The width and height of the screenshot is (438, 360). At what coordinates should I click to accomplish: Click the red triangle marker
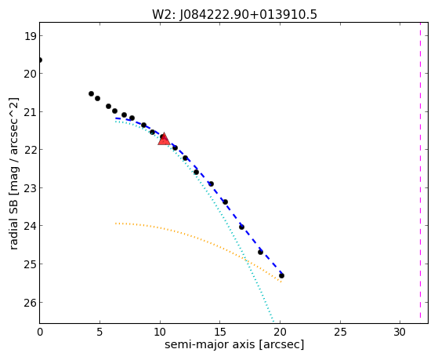(164, 139)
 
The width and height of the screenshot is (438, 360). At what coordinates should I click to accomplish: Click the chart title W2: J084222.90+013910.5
(234, 14)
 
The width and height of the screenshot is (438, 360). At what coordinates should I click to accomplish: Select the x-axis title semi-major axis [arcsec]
(234, 344)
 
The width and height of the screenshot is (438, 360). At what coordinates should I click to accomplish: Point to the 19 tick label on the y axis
(30, 36)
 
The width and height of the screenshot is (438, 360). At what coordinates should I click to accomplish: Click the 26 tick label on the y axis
(30, 303)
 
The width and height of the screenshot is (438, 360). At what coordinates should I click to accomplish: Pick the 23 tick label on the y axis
(30, 187)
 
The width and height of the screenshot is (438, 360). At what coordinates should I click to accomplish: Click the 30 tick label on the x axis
(400, 332)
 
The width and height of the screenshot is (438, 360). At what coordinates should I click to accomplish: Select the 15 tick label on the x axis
(220, 332)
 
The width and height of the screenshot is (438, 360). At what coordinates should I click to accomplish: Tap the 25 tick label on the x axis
(340, 332)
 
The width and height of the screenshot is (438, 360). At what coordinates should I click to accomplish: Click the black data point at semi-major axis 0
(40, 60)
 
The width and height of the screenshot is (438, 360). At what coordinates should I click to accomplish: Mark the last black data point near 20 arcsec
(281, 276)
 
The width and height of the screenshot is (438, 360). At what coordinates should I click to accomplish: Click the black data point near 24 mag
(241, 227)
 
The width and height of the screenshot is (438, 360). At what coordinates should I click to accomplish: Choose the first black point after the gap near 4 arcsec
(91, 93)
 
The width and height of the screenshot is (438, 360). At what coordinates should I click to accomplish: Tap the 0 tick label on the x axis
(40, 332)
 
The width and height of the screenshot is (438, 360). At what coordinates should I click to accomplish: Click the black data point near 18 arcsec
(260, 252)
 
